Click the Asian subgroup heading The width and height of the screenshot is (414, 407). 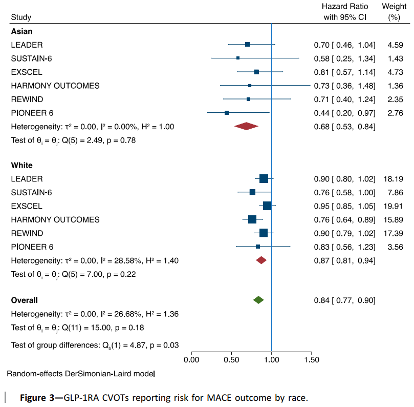point(22,31)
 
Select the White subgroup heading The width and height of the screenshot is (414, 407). point(22,166)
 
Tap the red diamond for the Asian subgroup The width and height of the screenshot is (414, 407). point(246,126)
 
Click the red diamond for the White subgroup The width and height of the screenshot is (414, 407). point(262,260)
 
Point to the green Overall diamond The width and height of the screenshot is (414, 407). point(258,300)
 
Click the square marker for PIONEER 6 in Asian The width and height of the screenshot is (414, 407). point(227,112)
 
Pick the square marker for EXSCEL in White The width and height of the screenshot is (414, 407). point(267,206)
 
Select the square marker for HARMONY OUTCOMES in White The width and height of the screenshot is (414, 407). point(252,219)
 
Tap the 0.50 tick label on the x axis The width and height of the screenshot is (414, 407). point(231,360)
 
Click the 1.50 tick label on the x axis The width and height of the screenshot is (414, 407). point(311,360)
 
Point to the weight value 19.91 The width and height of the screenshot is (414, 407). point(393,206)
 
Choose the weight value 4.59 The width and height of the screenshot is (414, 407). point(395,45)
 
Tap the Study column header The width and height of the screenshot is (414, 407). point(21,17)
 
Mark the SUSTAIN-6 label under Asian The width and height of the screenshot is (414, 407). point(31,58)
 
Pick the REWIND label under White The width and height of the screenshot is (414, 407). point(27,233)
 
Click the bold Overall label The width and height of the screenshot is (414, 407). point(25,300)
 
